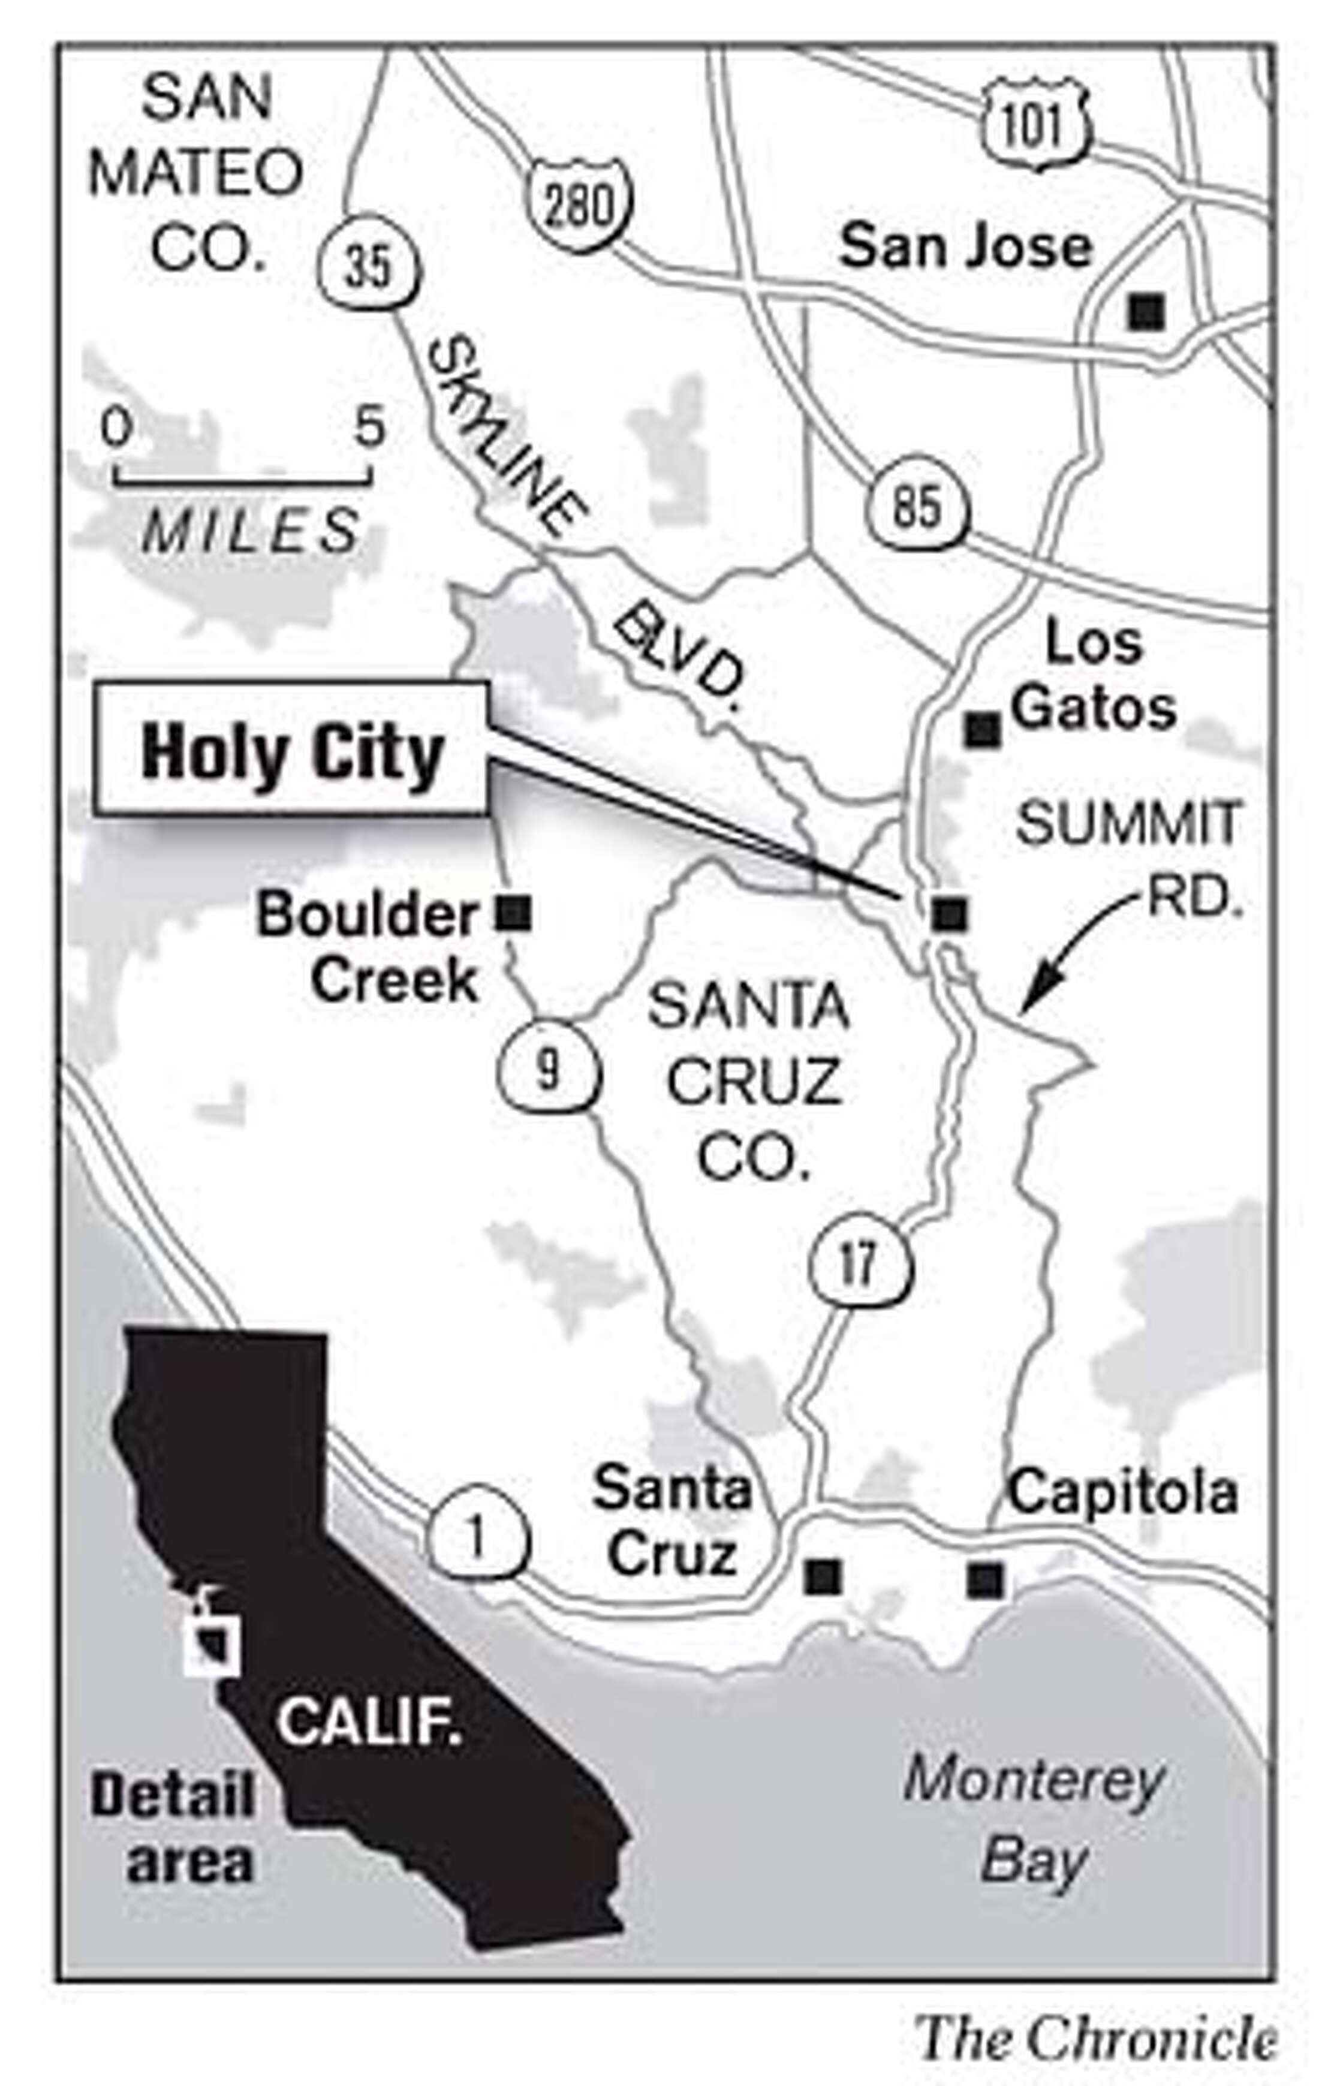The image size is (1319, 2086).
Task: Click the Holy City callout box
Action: (x=292, y=749)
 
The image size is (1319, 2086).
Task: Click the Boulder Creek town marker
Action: (x=513, y=912)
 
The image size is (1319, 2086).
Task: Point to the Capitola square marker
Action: (x=984, y=1578)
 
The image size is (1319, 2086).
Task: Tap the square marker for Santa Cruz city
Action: (x=822, y=1576)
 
